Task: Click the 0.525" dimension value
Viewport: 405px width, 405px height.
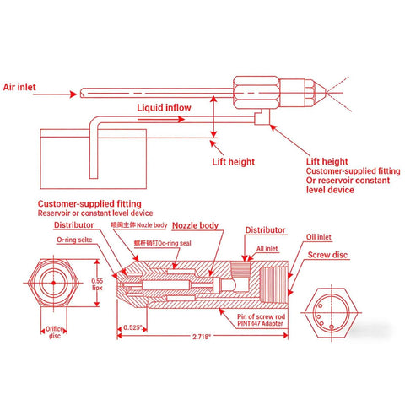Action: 132,326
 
